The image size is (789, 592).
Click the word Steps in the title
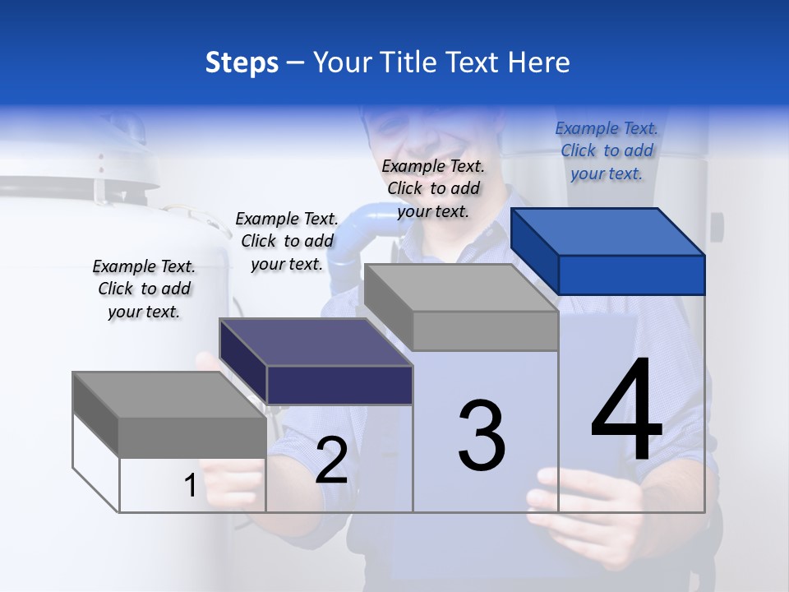coord(242,62)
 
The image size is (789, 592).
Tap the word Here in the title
coord(539,62)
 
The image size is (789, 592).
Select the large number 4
coord(627,411)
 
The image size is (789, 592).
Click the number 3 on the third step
coord(482,435)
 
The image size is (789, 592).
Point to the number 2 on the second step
coord(331,461)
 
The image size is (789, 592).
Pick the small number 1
coord(190,486)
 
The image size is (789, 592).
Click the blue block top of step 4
coord(608,231)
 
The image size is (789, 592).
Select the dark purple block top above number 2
coord(316,342)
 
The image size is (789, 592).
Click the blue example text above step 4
coord(607,150)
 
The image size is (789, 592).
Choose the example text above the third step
coord(433,188)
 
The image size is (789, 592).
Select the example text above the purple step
coord(287,241)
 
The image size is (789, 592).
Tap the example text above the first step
coord(144,289)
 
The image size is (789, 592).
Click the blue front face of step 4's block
coord(631,275)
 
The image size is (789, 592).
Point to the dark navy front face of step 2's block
coord(339,385)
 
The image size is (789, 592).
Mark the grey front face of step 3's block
coord(485,331)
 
